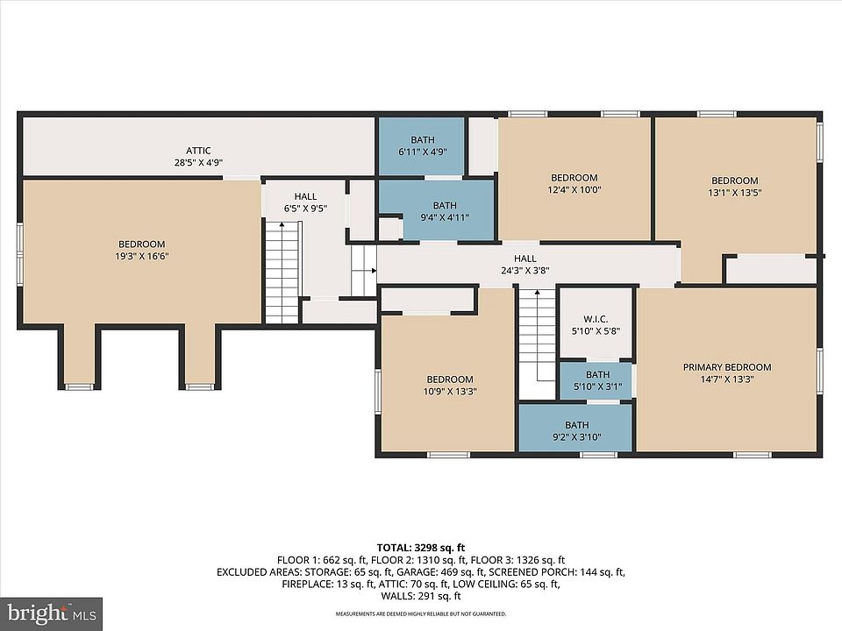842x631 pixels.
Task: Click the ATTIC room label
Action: coord(198,151)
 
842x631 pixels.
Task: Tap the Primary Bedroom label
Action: coord(727,367)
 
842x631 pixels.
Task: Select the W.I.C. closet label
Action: coord(596,319)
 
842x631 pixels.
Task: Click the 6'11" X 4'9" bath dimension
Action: coord(423,152)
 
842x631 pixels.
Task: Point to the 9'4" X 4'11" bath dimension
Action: coord(445,217)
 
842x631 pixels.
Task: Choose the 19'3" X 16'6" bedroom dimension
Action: coord(142,256)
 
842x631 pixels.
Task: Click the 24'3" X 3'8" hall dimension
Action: coord(525,271)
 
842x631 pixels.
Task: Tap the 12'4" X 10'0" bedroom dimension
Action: coord(574,189)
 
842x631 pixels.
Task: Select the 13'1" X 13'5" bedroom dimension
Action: coord(735,193)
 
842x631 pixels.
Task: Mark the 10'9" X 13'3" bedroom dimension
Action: coord(450,391)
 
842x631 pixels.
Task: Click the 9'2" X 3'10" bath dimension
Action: coord(577,436)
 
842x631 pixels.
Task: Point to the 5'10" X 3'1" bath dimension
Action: coord(597,386)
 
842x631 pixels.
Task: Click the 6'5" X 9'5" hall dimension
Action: coord(305,209)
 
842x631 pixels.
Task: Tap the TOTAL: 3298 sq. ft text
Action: coord(420,548)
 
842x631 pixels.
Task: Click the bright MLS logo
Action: coord(52,613)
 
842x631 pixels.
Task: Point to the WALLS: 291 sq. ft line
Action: coord(421,596)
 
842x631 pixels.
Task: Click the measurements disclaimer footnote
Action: coord(420,613)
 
